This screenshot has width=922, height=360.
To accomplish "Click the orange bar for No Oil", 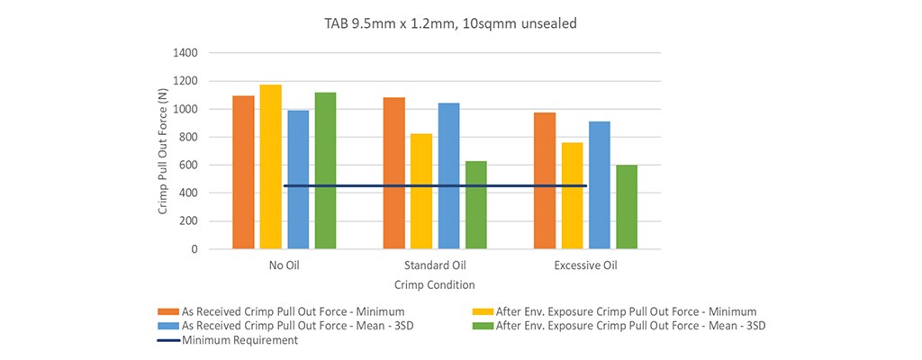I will pyautogui.click(x=243, y=172).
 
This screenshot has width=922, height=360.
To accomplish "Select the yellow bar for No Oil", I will pyautogui.click(x=270, y=166).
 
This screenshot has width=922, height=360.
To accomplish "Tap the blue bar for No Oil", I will pyautogui.click(x=297, y=179).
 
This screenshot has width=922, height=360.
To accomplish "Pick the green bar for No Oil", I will pyautogui.click(x=325, y=170).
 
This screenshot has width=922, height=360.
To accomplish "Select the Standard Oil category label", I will pyautogui.click(x=434, y=266).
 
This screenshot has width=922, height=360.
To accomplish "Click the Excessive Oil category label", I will pyautogui.click(x=584, y=266).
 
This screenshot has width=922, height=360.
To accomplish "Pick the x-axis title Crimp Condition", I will pyautogui.click(x=434, y=284).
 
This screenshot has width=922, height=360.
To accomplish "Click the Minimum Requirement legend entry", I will pyautogui.click(x=240, y=340).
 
